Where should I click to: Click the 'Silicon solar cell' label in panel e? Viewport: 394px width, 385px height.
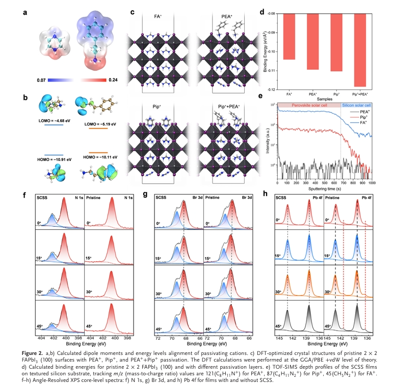coord(355,104)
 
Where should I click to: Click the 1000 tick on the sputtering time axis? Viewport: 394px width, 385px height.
coord(372,182)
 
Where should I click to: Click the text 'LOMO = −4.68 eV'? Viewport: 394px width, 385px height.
coord(55,120)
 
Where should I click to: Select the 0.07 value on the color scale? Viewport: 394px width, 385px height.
coord(42,80)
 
